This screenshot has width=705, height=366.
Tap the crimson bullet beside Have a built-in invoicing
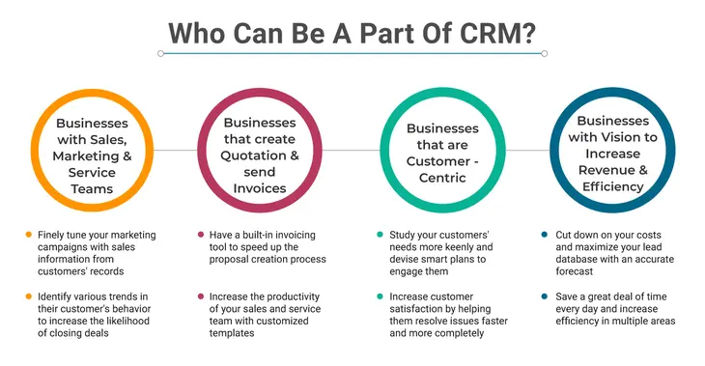point(200,236)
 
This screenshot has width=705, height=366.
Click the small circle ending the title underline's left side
point(160,54)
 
